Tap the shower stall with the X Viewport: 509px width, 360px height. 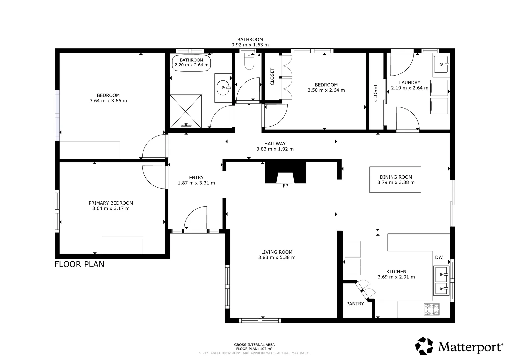[186, 111]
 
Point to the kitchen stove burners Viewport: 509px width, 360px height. [432, 310]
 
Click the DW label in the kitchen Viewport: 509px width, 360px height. [439, 257]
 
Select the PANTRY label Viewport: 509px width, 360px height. [355, 304]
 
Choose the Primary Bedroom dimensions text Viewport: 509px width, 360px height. [111, 209]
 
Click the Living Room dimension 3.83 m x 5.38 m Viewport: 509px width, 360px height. [277, 257]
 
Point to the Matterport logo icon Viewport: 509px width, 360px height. [424, 346]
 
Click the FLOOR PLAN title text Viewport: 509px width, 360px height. [79, 264]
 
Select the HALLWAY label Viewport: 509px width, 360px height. [275, 144]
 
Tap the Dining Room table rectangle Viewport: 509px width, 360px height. [395, 180]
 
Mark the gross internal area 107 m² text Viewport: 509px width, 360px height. [254, 349]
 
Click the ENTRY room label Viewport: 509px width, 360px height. [196, 178]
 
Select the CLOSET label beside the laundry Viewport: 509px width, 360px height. [376, 93]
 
